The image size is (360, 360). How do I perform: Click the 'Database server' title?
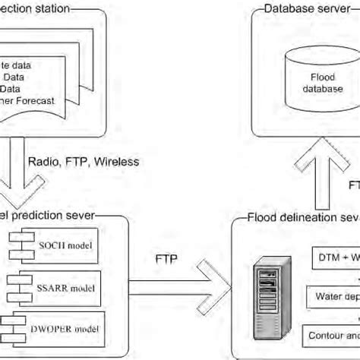pyautogui.click(x=302, y=9)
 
